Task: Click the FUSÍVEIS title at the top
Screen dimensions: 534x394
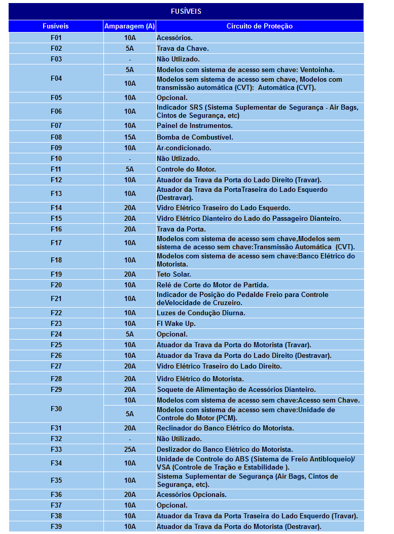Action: (186, 11)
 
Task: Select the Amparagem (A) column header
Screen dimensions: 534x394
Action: (130, 26)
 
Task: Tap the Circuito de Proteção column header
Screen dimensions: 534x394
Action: (260, 26)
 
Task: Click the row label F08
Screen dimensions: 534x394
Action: (56, 137)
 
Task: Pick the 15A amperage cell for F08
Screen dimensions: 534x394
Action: (130, 137)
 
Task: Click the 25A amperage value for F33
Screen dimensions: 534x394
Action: (130, 449)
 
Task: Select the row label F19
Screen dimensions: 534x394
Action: (56, 274)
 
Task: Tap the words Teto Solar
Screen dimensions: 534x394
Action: (173, 274)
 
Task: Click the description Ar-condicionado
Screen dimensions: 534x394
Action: (184, 148)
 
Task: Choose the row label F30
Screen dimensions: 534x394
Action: (56, 409)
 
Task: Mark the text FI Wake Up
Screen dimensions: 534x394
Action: (176, 323)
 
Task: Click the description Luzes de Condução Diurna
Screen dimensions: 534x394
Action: (201, 313)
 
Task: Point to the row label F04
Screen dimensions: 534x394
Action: (56, 78)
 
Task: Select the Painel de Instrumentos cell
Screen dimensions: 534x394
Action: (194, 125)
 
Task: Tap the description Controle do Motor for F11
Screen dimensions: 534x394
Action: (186, 169)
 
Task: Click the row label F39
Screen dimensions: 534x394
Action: (56, 526)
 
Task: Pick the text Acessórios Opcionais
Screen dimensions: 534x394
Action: (191, 494)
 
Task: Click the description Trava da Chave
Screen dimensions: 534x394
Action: (183, 48)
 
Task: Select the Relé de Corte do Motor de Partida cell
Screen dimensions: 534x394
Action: (212, 285)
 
